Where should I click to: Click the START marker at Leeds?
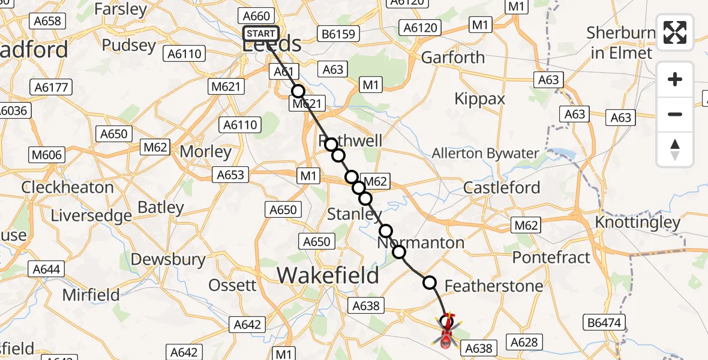tap(261, 34)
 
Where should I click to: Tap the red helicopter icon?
tap(446, 332)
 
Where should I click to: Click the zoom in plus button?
tap(675, 80)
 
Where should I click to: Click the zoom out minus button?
tap(675, 114)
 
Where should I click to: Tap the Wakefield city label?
tap(328, 275)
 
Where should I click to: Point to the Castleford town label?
tap(502, 188)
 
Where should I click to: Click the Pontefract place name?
tap(552, 257)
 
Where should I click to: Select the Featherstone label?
tap(494, 286)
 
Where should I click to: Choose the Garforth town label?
tap(453, 58)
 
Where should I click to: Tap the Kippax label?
tap(479, 98)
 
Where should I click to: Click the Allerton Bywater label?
tap(485, 154)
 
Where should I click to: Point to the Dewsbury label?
tap(168, 259)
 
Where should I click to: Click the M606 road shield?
tap(46, 155)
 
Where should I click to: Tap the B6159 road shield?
tap(338, 34)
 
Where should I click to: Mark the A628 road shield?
tap(524, 342)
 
